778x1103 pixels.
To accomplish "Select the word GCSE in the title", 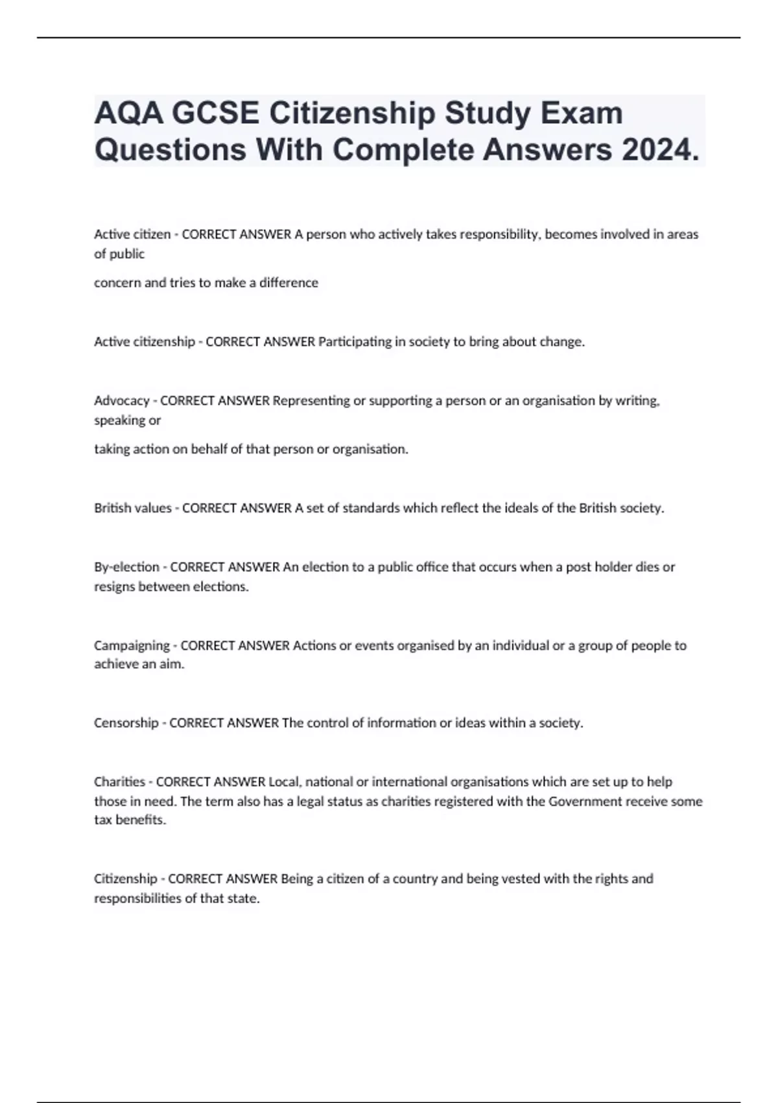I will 216,114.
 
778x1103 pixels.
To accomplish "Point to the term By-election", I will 126,567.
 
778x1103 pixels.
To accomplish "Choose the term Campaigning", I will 132,646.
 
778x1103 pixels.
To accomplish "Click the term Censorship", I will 126,723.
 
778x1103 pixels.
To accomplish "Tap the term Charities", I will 119,782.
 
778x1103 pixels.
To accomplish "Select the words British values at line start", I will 132,508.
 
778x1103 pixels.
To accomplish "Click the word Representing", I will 311,401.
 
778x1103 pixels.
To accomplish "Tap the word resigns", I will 114,587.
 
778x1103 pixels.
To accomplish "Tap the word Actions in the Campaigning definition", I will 314,646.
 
